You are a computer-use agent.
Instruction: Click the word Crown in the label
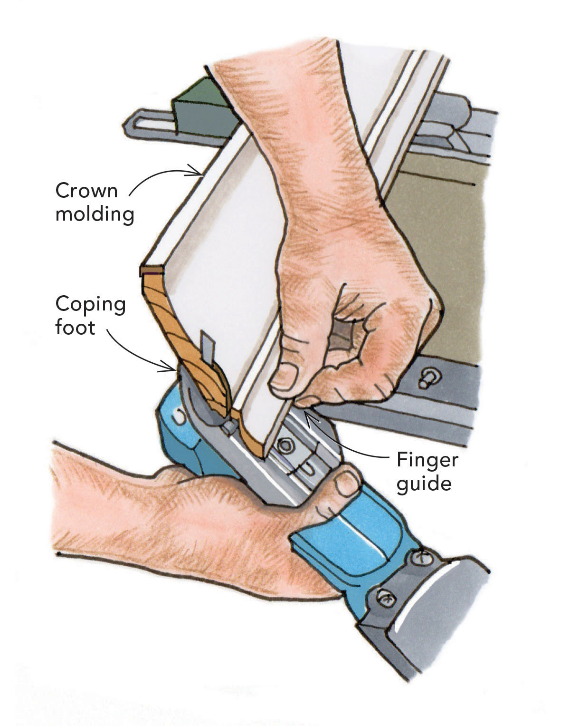click(86, 191)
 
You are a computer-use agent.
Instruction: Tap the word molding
click(95, 214)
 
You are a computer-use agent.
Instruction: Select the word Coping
click(90, 305)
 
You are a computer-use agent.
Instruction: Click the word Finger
click(427, 460)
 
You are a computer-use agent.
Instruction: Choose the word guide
click(424, 484)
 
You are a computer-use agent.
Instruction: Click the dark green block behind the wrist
click(204, 108)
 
